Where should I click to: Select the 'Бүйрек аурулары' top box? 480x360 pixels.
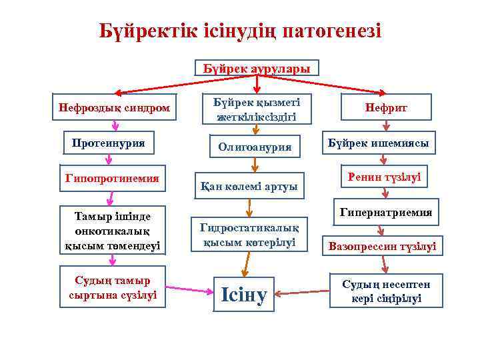pyautogui.click(x=257, y=69)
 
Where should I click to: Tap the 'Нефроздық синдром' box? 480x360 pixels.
pyautogui.click(x=114, y=107)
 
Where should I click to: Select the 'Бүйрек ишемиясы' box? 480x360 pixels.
pyautogui.click(x=379, y=143)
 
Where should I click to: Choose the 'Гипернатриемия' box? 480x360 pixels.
pyautogui.click(x=385, y=213)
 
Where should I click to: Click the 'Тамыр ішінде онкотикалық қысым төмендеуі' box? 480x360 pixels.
pyautogui.click(x=113, y=231)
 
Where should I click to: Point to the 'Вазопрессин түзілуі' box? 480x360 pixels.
pyautogui.click(x=381, y=247)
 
